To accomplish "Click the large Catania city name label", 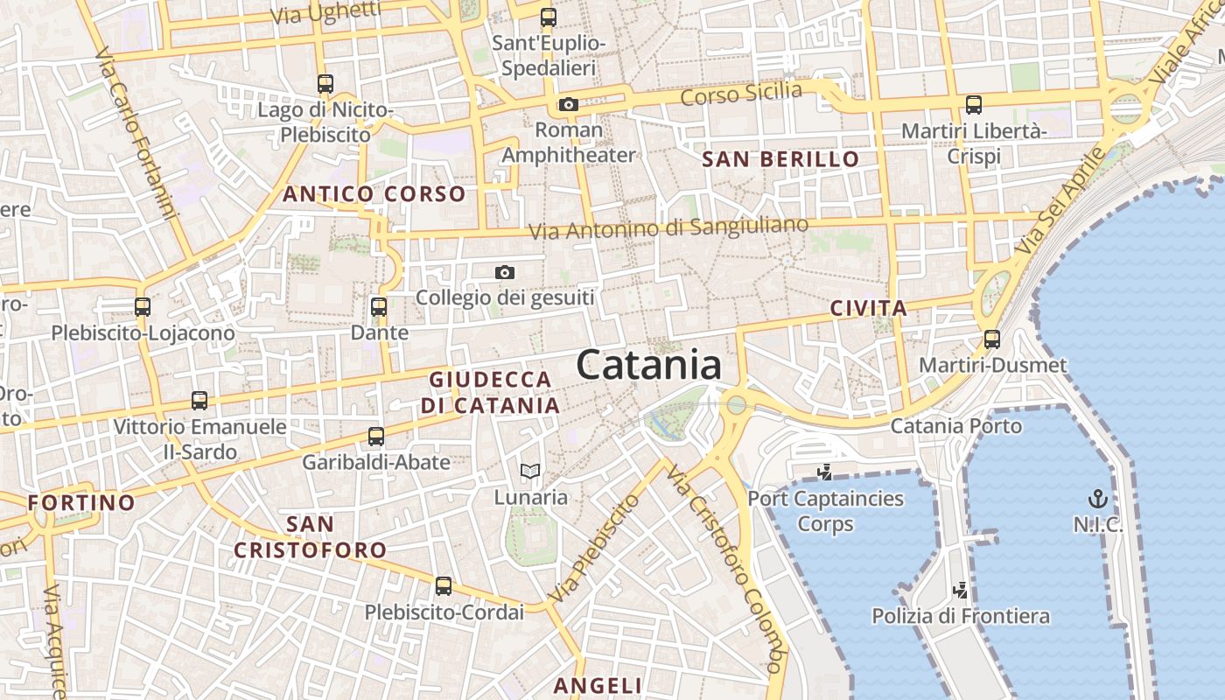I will click(649, 364).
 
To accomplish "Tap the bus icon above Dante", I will click(379, 307).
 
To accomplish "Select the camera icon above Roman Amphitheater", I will click(569, 105).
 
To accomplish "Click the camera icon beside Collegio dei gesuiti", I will click(505, 273).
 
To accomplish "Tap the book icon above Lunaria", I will click(530, 472).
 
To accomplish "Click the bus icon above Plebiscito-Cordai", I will click(444, 586).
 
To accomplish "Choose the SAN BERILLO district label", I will click(781, 159).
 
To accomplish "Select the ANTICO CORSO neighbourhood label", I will click(374, 194).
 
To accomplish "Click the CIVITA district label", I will click(868, 308).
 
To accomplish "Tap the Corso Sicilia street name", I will click(741, 93).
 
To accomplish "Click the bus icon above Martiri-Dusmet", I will click(992, 339).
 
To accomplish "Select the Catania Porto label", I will click(955, 426).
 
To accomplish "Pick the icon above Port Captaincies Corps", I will click(824, 472).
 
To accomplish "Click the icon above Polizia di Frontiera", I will click(961, 590).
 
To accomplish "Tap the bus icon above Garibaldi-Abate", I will click(376, 436).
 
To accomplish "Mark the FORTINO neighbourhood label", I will click(81, 503).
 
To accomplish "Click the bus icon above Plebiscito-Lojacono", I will click(143, 307).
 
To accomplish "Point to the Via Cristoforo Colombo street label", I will click(724, 569).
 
